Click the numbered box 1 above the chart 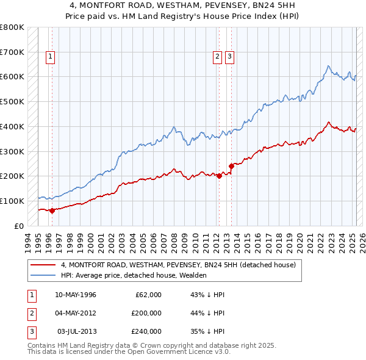pos(51,57)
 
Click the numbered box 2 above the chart pos(217,57)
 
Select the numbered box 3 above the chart pos(229,57)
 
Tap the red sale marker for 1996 pos(52,211)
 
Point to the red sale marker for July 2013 pos(231,165)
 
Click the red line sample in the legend pos(43,265)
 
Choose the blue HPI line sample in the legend pos(43,275)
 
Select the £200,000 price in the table pos(146,313)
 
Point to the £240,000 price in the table pos(146,331)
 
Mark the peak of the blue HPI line pos(328,66)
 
